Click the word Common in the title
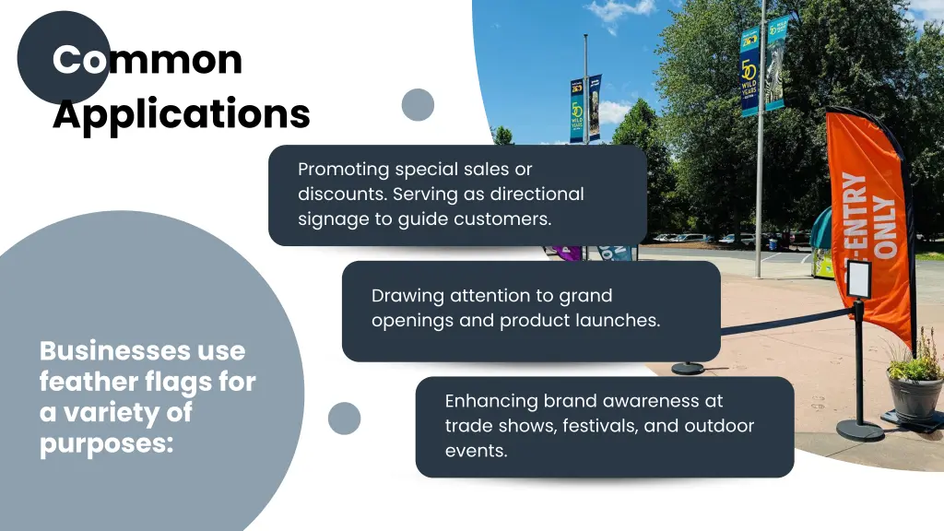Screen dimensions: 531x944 pos(147,60)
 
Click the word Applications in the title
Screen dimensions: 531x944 pos(181,114)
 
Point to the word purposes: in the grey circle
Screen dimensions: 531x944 pos(106,443)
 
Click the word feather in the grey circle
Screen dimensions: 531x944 pos(88,382)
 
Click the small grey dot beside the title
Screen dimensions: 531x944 pos(418,104)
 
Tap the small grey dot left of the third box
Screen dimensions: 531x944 pos(344,418)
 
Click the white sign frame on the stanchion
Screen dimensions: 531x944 pos(858,278)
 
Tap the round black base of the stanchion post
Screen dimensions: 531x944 pos(859,431)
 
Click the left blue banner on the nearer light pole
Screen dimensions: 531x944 pos(749,71)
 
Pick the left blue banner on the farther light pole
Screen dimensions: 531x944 pos(576,111)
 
